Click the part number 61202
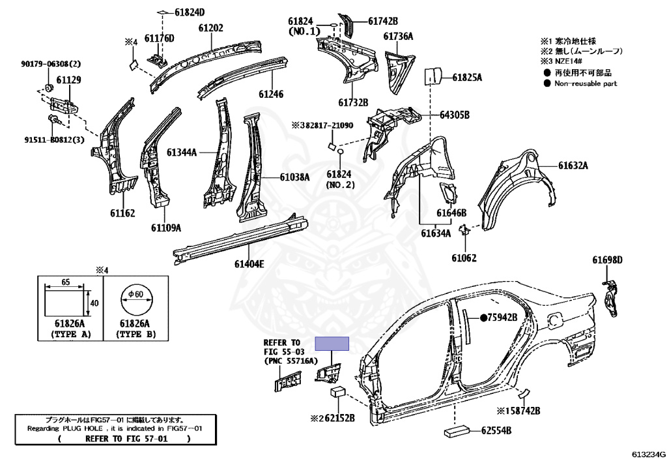(x=210, y=28)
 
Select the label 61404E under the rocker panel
(x=249, y=264)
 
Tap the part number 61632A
(x=573, y=166)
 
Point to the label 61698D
(x=608, y=260)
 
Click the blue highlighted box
(x=332, y=344)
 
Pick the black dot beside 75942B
(x=484, y=318)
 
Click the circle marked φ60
(x=135, y=301)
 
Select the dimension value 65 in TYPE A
(x=66, y=282)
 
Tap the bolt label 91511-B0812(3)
(x=54, y=140)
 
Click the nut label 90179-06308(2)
(x=51, y=64)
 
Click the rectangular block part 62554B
(x=457, y=431)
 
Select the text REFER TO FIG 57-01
(x=126, y=439)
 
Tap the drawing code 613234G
(x=649, y=454)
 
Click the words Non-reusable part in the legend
(x=586, y=83)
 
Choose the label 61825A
(x=467, y=78)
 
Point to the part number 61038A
(x=295, y=177)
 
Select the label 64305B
(x=454, y=115)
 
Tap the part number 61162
(x=122, y=213)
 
